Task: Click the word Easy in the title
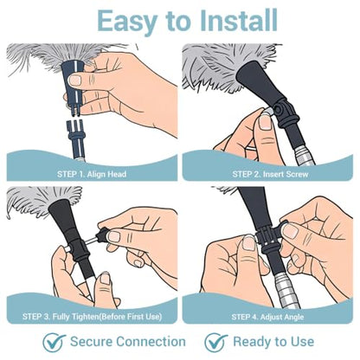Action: click(127, 21)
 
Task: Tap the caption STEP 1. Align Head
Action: click(92, 174)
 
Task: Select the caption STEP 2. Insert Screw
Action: click(270, 174)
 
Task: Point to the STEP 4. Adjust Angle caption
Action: click(267, 317)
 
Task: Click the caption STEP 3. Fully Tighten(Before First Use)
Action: click(92, 317)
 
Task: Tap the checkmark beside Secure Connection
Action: click(54, 343)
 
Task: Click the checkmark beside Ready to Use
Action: click(215, 343)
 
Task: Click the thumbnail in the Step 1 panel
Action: click(75, 80)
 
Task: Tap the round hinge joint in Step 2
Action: click(280, 110)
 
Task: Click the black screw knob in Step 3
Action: click(101, 235)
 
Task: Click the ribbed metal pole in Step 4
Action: click(285, 289)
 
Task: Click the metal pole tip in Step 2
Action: click(304, 156)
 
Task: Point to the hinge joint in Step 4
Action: click(267, 236)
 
